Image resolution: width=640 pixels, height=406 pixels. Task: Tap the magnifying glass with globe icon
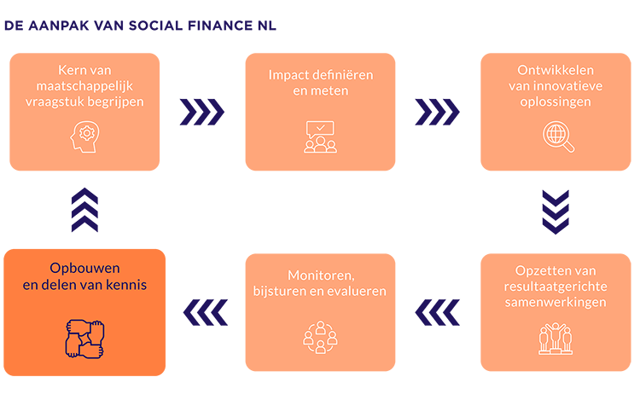point(559,136)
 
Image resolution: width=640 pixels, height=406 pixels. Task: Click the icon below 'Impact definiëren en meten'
point(320,136)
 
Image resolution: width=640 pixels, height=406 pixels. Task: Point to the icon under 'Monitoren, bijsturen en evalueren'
point(320,336)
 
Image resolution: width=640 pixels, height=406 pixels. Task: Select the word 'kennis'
point(127,285)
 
